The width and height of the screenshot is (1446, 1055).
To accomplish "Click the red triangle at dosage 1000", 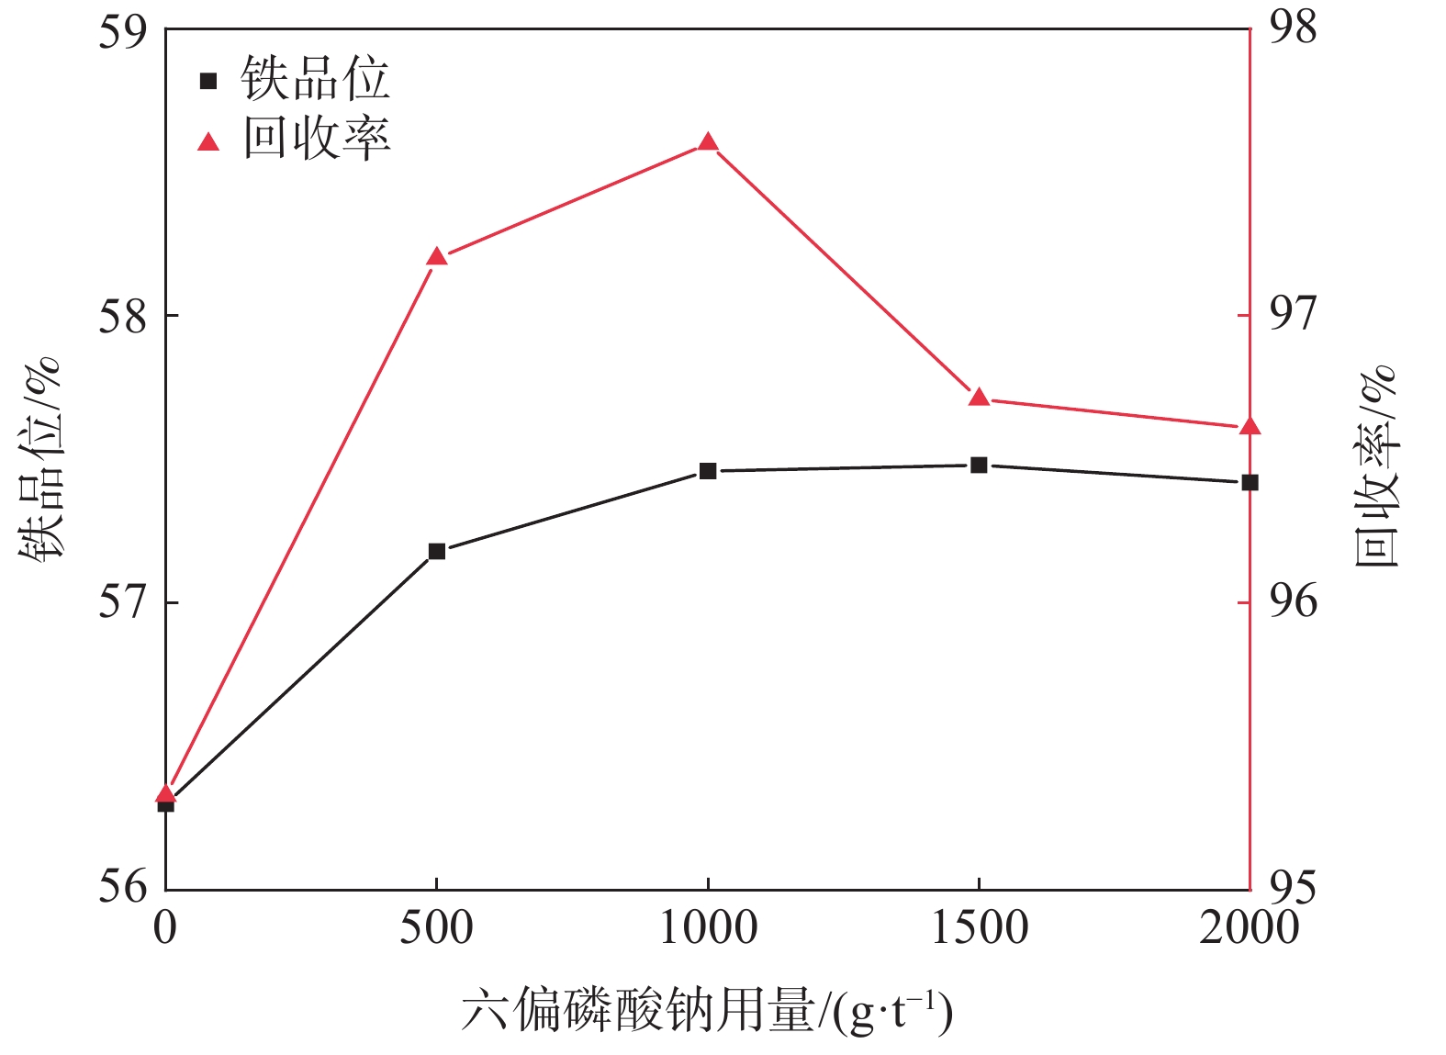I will click(x=708, y=142).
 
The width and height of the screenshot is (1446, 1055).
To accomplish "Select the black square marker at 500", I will click(x=437, y=551).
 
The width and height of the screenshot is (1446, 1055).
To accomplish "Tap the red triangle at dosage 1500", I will click(x=979, y=398).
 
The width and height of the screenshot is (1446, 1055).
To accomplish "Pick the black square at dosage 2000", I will click(x=1250, y=483).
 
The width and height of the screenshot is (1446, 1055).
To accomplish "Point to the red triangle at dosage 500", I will click(x=437, y=257).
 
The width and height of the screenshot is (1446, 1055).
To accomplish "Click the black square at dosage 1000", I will click(x=708, y=471).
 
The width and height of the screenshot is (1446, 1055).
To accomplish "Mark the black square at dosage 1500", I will click(x=979, y=466).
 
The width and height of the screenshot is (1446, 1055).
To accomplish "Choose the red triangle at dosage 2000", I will click(x=1250, y=427).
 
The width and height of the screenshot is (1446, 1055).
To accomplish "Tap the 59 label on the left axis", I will click(x=123, y=29).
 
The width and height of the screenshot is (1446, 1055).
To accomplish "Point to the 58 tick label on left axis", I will click(x=123, y=316).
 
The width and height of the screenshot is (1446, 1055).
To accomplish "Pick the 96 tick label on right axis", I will click(x=1292, y=601).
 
